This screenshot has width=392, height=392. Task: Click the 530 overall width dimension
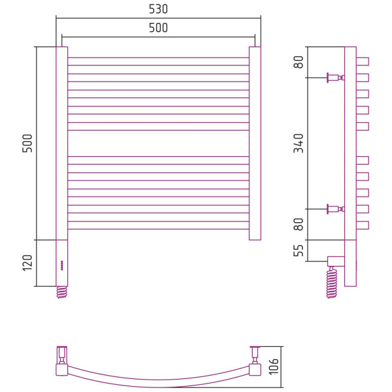click(158, 9)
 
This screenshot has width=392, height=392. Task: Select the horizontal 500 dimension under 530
click(158, 28)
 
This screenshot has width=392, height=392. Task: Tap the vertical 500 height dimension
click(27, 143)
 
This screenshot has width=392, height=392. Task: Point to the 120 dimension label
click(27, 263)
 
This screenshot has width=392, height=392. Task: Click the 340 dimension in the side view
click(299, 143)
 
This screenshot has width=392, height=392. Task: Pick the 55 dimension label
click(299, 250)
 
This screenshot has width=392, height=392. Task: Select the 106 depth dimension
click(274, 367)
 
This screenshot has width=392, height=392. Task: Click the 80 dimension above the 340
click(299, 63)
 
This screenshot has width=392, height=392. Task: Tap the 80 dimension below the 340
click(299, 224)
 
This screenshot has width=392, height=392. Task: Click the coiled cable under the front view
click(62, 292)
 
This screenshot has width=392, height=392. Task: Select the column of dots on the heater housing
click(62, 265)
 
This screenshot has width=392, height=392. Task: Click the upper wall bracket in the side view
click(335, 78)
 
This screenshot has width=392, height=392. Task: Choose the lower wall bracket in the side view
click(335, 209)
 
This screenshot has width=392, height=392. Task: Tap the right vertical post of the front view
click(255, 143)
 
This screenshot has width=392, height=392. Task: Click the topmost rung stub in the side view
click(362, 61)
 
